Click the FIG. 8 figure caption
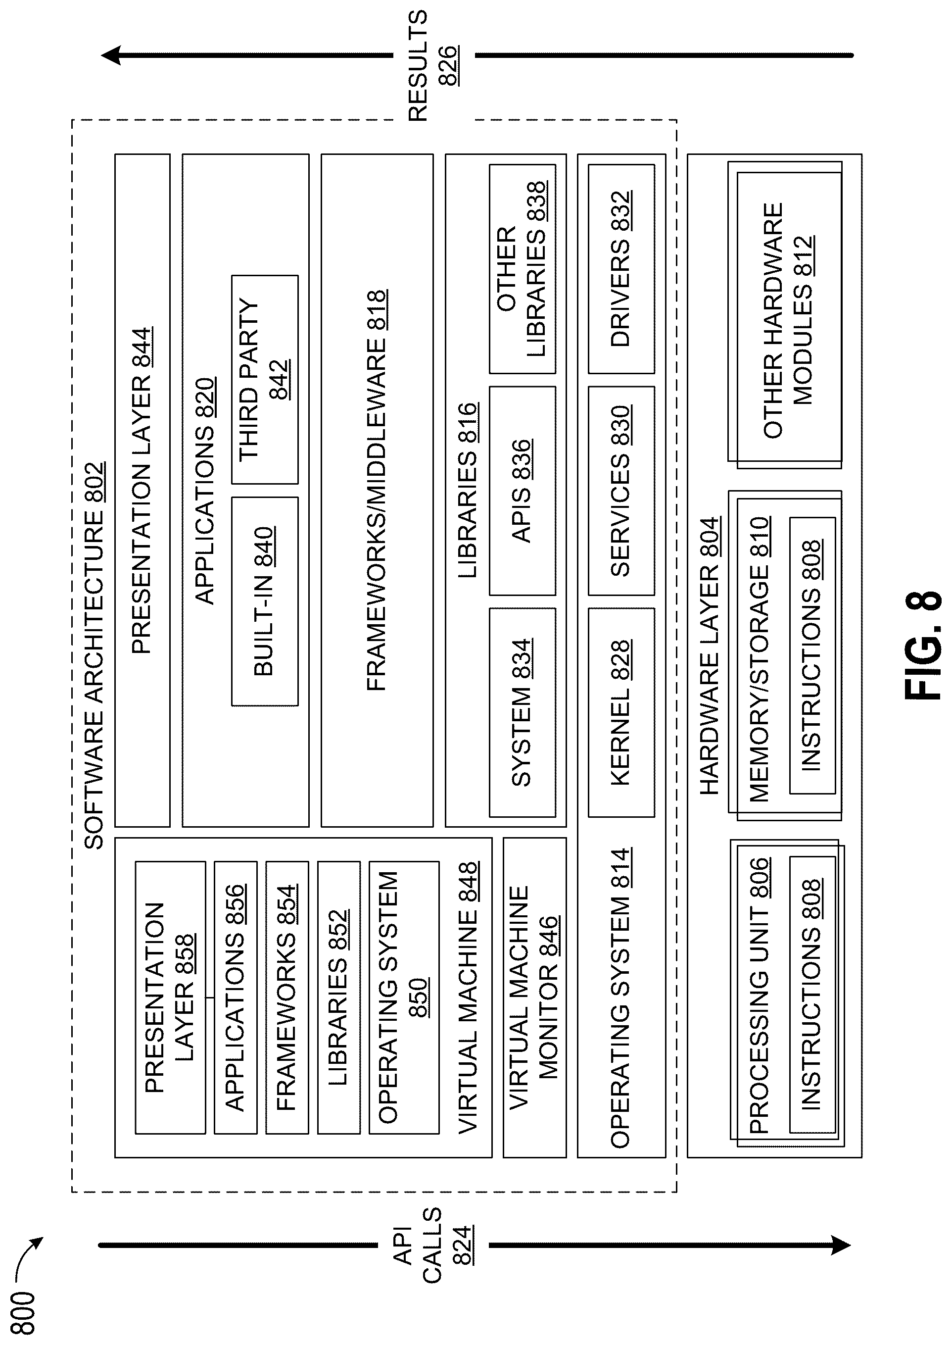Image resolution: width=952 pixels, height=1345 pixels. [923, 645]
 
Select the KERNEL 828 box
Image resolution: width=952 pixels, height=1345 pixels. [621, 712]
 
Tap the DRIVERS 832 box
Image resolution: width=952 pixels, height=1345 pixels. [621, 268]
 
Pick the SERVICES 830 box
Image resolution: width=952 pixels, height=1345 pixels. [621, 491]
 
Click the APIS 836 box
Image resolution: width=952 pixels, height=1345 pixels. [522, 491]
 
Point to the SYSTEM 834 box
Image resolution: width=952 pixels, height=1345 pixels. [522, 712]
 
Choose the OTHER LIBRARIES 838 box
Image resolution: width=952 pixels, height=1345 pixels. [522, 268]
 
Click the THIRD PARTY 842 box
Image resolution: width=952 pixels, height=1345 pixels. [264, 379]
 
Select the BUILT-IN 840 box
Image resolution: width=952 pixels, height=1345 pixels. [264, 601]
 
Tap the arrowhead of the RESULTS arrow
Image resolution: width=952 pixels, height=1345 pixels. [111, 56]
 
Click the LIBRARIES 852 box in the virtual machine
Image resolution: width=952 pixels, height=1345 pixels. [338, 996]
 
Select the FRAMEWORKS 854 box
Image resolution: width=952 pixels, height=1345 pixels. [286, 996]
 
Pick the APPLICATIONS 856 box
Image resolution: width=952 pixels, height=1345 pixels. [235, 996]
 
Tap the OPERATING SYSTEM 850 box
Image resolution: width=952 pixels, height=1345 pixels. [403, 996]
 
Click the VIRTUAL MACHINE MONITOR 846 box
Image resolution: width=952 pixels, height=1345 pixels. [534, 996]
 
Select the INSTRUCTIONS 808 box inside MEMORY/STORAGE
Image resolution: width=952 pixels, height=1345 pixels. [812, 655]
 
